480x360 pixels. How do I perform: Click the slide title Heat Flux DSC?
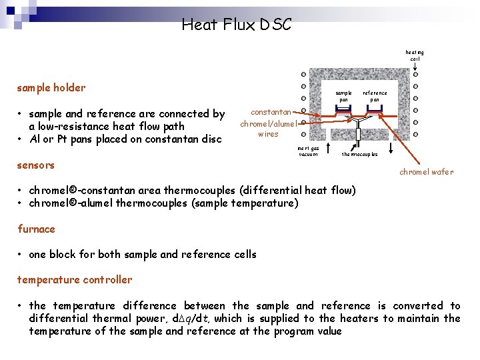(236, 25)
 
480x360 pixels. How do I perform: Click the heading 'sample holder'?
(51, 88)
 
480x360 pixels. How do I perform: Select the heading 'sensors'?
(36, 165)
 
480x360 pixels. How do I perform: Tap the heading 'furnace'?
(36, 229)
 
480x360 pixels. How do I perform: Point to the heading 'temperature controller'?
(75, 280)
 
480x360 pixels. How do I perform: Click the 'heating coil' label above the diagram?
(415, 55)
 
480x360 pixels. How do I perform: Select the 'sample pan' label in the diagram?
(343, 96)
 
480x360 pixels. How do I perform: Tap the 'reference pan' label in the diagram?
(375, 96)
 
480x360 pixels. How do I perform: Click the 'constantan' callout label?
(271, 112)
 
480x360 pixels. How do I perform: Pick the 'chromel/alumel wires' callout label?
(268, 129)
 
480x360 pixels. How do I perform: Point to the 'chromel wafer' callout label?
(426, 172)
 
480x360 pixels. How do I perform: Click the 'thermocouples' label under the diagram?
(359, 154)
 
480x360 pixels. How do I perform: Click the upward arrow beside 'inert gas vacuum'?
(328, 147)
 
